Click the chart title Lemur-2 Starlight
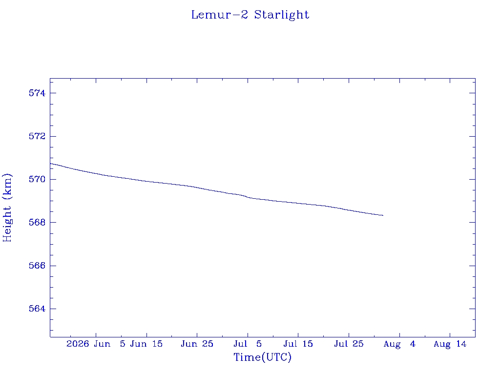250,15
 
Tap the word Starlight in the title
282,15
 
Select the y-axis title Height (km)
7,208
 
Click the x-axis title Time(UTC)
262,357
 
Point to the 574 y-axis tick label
37,93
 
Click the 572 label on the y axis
37,136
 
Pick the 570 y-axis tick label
37,179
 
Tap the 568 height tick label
37,222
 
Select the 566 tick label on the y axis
37,266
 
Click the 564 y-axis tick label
37,309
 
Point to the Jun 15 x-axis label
146,344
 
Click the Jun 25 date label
197,344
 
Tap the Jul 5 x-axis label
248,344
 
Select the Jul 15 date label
298,344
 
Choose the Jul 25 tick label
349,344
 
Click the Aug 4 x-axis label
399,344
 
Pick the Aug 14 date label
450,344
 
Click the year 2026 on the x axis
78,344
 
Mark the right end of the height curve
383,215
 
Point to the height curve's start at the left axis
50,164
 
